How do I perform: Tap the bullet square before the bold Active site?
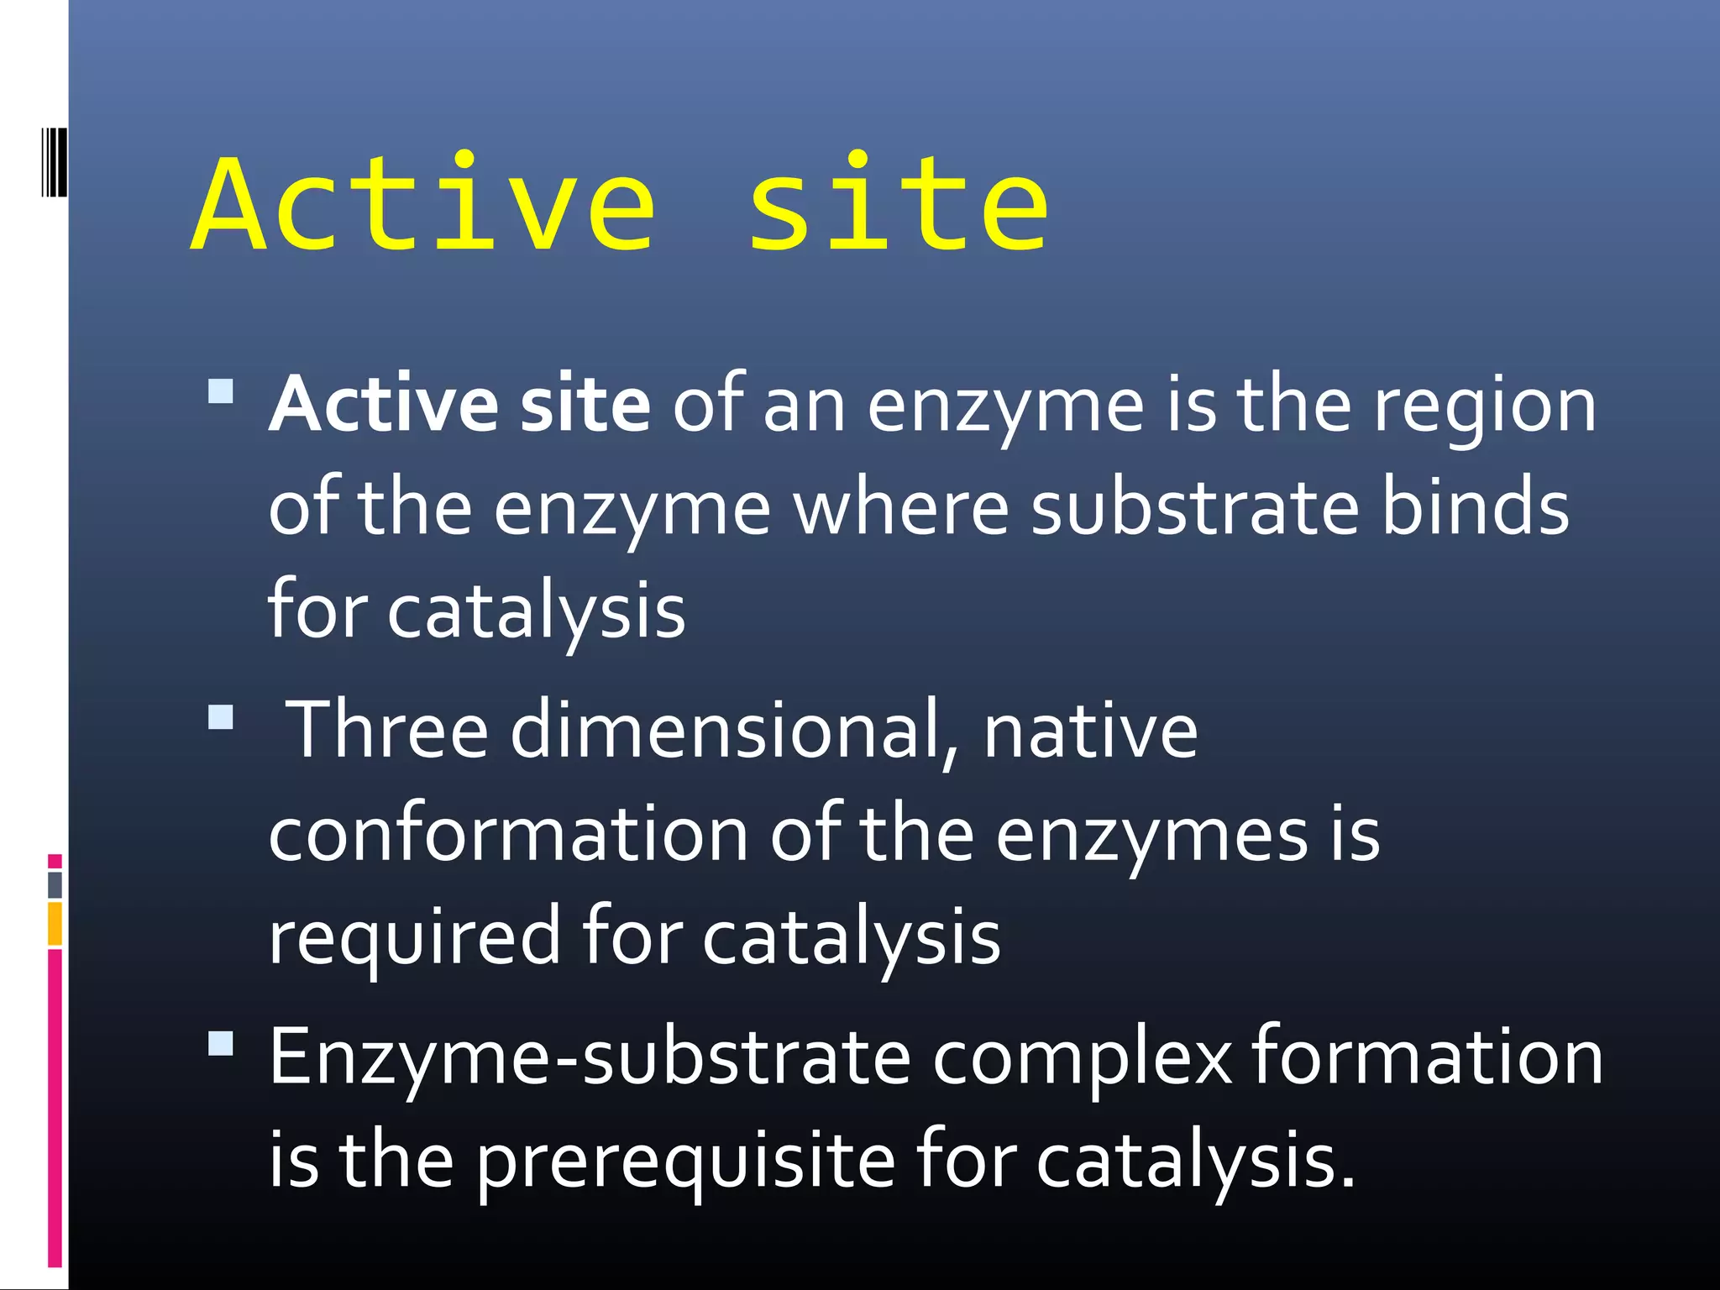point(221,392)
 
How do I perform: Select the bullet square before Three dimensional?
point(221,717)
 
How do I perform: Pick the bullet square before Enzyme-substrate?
point(221,1043)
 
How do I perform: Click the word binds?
point(1475,508)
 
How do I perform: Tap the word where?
point(901,508)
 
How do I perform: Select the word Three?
point(387,731)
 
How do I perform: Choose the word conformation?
point(508,835)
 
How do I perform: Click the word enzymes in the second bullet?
point(1151,835)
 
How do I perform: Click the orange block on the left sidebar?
point(55,923)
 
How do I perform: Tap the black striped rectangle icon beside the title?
point(54,162)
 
